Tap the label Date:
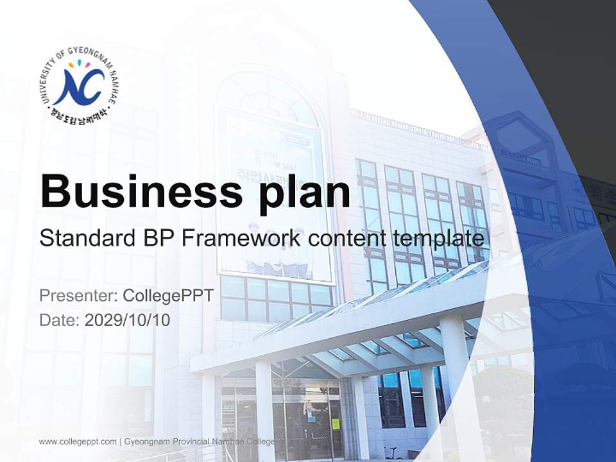(x=60, y=320)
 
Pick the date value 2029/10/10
(x=128, y=320)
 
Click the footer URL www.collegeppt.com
(x=78, y=441)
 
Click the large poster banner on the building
(x=273, y=193)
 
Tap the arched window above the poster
(x=266, y=96)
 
